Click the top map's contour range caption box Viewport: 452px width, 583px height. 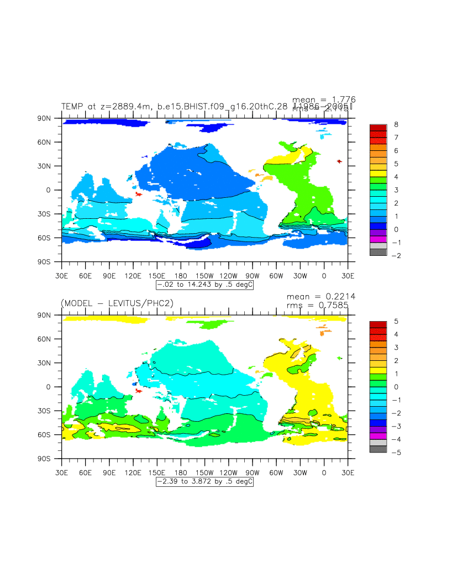(x=205, y=285)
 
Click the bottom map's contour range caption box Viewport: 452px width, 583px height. (x=205, y=482)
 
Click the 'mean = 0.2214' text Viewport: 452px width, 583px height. (x=321, y=296)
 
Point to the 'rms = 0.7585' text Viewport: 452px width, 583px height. (x=321, y=304)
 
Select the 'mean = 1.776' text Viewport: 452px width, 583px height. (x=324, y=99)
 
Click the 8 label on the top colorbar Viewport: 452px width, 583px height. (x=396, y=125)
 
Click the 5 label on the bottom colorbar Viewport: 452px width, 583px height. (x=396, y=322)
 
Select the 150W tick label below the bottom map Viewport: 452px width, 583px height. (x=204, y=472)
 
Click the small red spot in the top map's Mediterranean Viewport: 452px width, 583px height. (x=339, y=161)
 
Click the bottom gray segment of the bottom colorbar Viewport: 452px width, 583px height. (x=378, y=449)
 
